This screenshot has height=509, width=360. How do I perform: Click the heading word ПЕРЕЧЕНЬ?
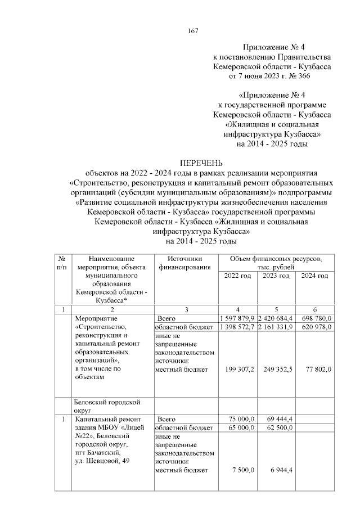(201, 162)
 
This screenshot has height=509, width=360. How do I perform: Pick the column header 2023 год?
(276, 276)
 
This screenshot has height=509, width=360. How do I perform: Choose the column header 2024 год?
(314, 276)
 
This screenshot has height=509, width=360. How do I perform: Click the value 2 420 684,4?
(275, 318)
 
